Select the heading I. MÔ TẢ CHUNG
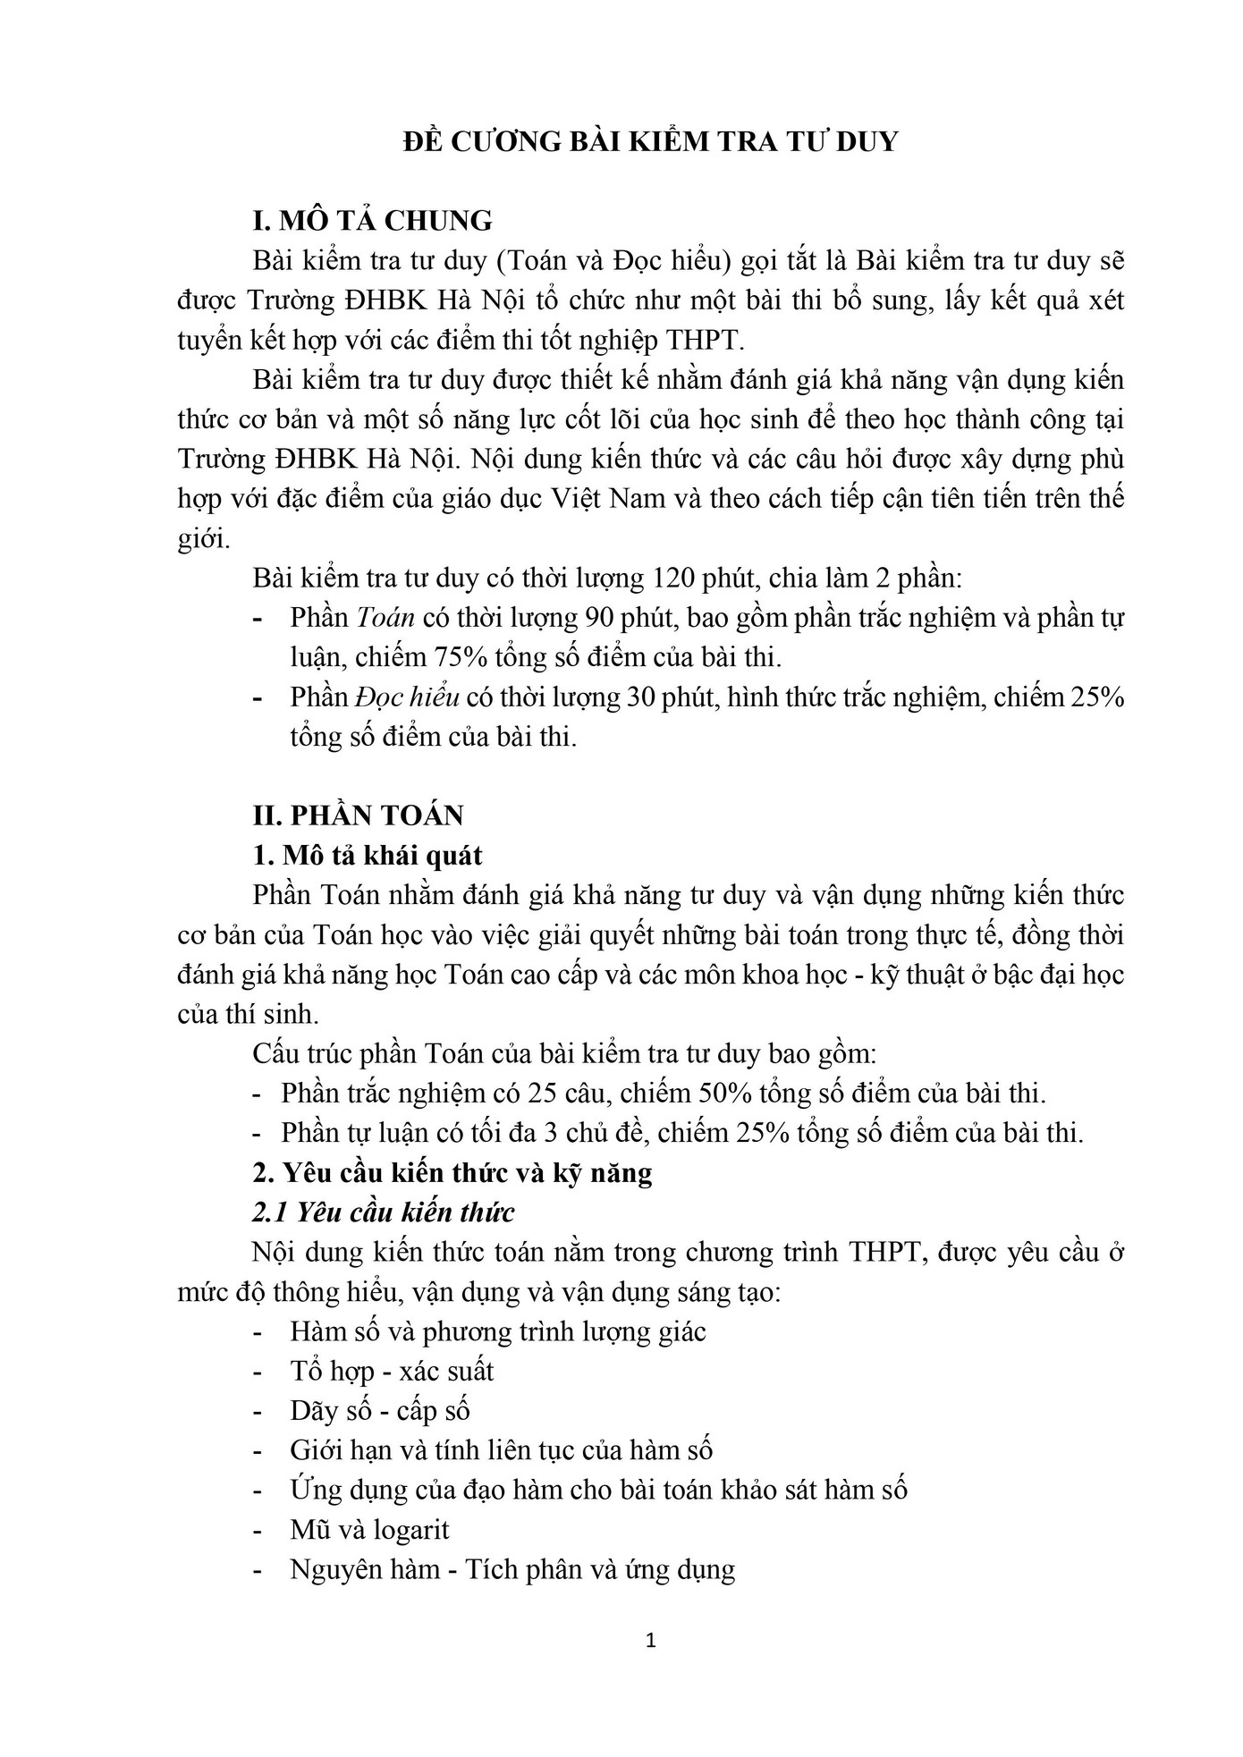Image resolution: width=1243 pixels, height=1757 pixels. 373,220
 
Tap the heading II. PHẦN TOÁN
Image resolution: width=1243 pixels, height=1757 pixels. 359,815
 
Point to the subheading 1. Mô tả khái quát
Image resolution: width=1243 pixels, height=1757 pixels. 368,856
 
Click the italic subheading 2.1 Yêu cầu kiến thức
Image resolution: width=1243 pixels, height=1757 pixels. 384,1213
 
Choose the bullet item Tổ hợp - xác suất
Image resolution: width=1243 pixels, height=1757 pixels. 392,1372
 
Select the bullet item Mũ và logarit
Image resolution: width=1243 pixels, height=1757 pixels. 369,1530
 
